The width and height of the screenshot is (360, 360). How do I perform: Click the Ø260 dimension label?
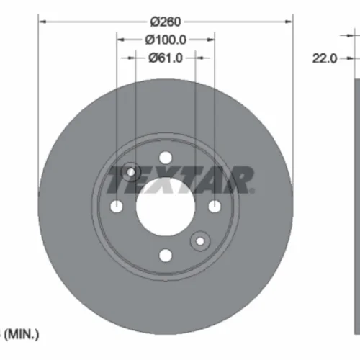(x=166, y=22)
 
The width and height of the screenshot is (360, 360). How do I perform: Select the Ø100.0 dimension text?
(x=166, y=40)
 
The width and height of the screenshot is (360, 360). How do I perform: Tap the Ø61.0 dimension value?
(x=166, y=58)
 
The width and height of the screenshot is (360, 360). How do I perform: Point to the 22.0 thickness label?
(x=325, y=58)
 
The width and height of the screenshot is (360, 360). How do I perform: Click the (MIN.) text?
(x=22, y=334)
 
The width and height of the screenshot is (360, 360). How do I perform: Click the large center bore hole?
(x=166, y=207)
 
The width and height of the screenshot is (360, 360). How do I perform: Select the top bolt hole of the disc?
(x=166, y=158)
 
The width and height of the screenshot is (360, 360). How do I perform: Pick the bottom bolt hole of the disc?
(x=166, y=256)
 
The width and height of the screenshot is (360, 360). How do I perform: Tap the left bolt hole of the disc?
(x=117, y=207)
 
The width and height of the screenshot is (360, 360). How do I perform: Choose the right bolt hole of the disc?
(x=215, y=207)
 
